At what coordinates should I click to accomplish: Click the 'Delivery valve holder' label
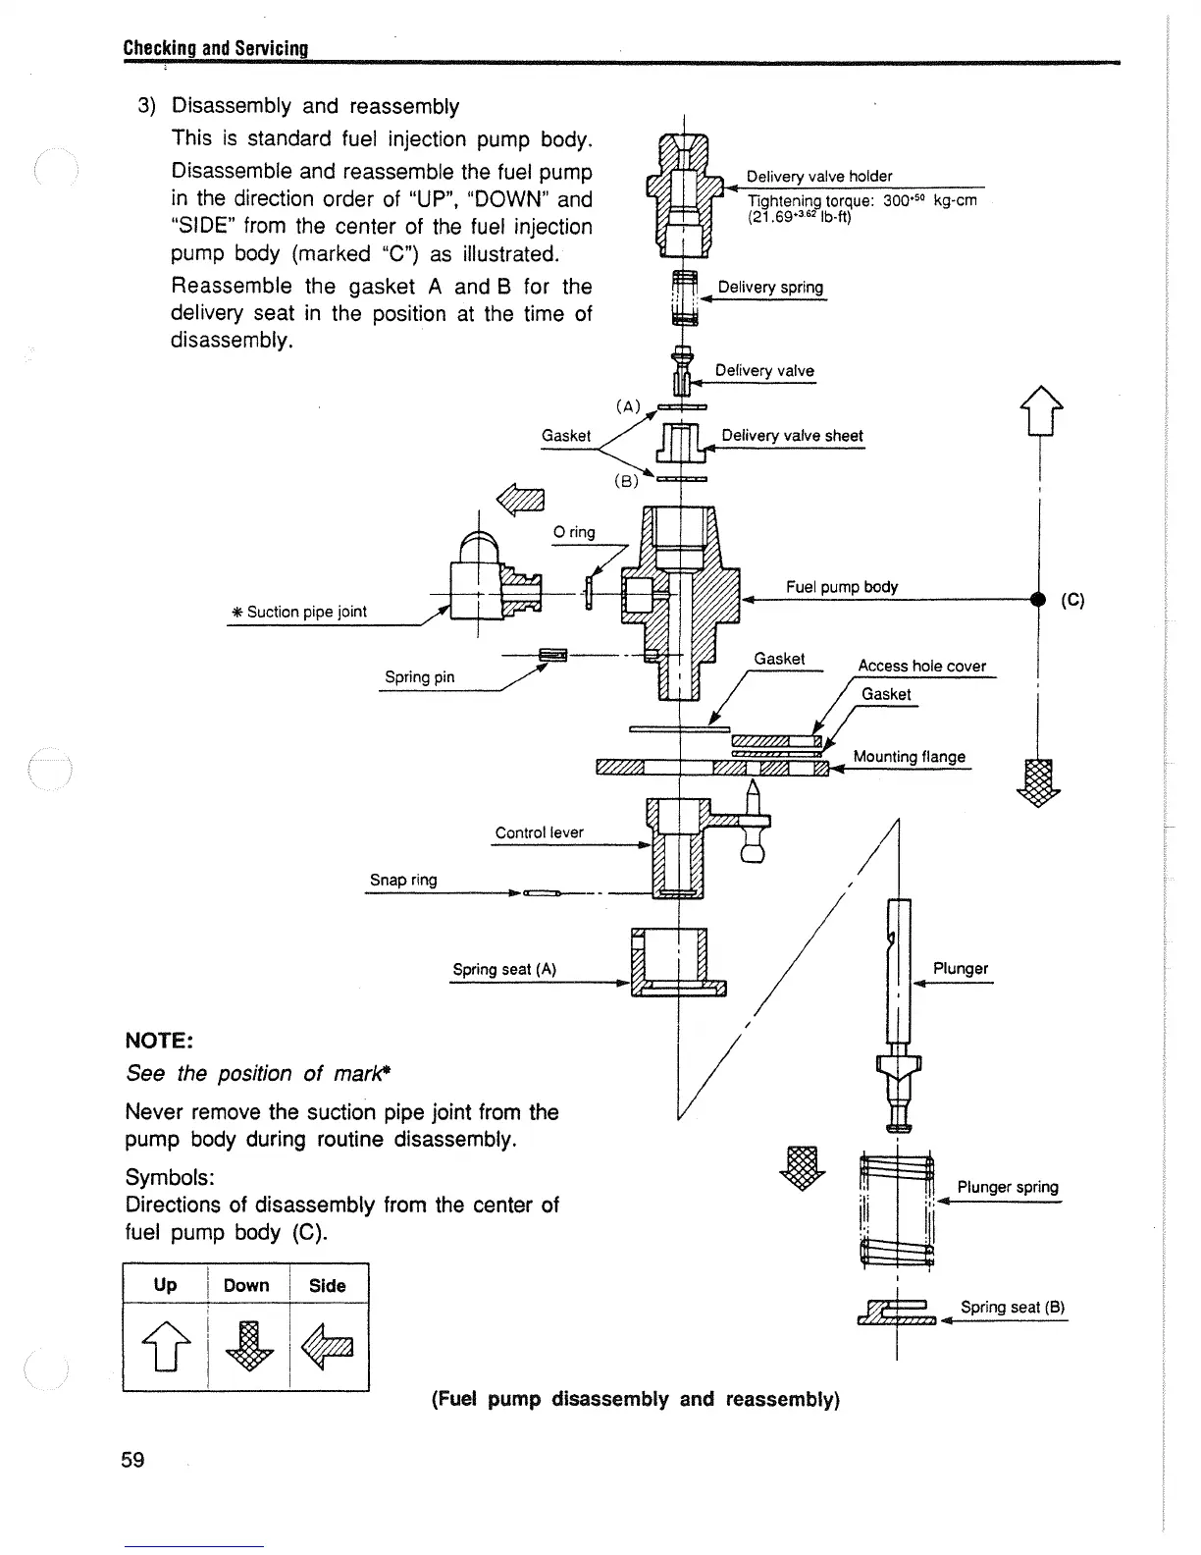point(819,177)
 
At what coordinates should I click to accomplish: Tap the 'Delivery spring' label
point(770,287)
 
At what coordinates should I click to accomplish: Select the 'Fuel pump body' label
point(841,587)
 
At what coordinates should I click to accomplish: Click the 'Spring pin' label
point(419,676)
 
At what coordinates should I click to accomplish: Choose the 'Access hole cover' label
point(921,666)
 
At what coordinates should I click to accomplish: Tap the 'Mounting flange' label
point(909,756)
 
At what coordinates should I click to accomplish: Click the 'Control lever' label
point(539,832)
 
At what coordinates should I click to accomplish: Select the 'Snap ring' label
point(402,880)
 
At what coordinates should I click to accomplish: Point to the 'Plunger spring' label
point(1008,1187)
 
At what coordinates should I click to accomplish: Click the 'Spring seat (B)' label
point(1013,1307)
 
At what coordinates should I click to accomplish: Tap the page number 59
point(132,1460)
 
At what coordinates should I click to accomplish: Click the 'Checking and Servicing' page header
point(216,48)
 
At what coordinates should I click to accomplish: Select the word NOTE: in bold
point(159,1040)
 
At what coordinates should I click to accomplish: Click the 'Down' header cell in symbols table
point(246,1285)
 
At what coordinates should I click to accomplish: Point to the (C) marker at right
point(1072,600)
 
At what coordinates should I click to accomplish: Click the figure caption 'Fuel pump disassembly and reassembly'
point(636,1399)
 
